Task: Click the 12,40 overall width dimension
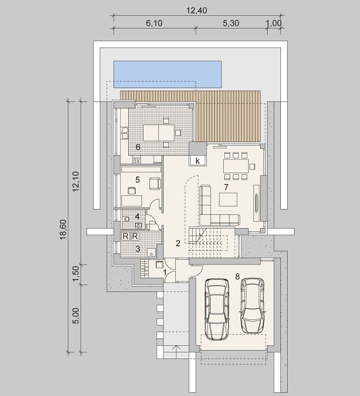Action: click(197, 11)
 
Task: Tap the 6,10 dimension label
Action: click(154, 23)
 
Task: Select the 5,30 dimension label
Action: click(231, 23)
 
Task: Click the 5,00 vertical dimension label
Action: click(76, 315)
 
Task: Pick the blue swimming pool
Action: click(167, 74)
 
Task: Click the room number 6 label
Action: click(138, 147)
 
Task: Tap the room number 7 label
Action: click(226, 187)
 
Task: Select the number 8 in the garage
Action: click(238, 277)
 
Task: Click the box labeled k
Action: click(197, 161)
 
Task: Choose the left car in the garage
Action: click(217, 309)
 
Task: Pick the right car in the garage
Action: click(253, 306)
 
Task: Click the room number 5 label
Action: click(138, 180)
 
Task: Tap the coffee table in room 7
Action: click(228, 200)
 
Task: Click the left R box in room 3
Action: click(126, 237)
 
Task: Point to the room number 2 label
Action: click(178, 243)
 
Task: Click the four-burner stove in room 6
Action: click(137, 159)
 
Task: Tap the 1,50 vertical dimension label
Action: click(76, 274)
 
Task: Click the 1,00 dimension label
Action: click(273, 23)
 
